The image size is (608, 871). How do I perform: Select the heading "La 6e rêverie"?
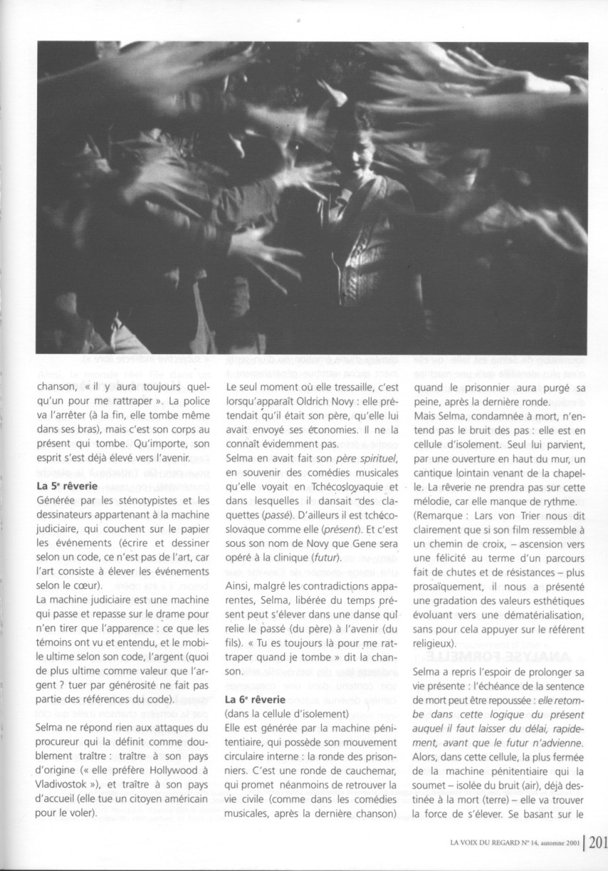pyautogui.click(x=257, y=698)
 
